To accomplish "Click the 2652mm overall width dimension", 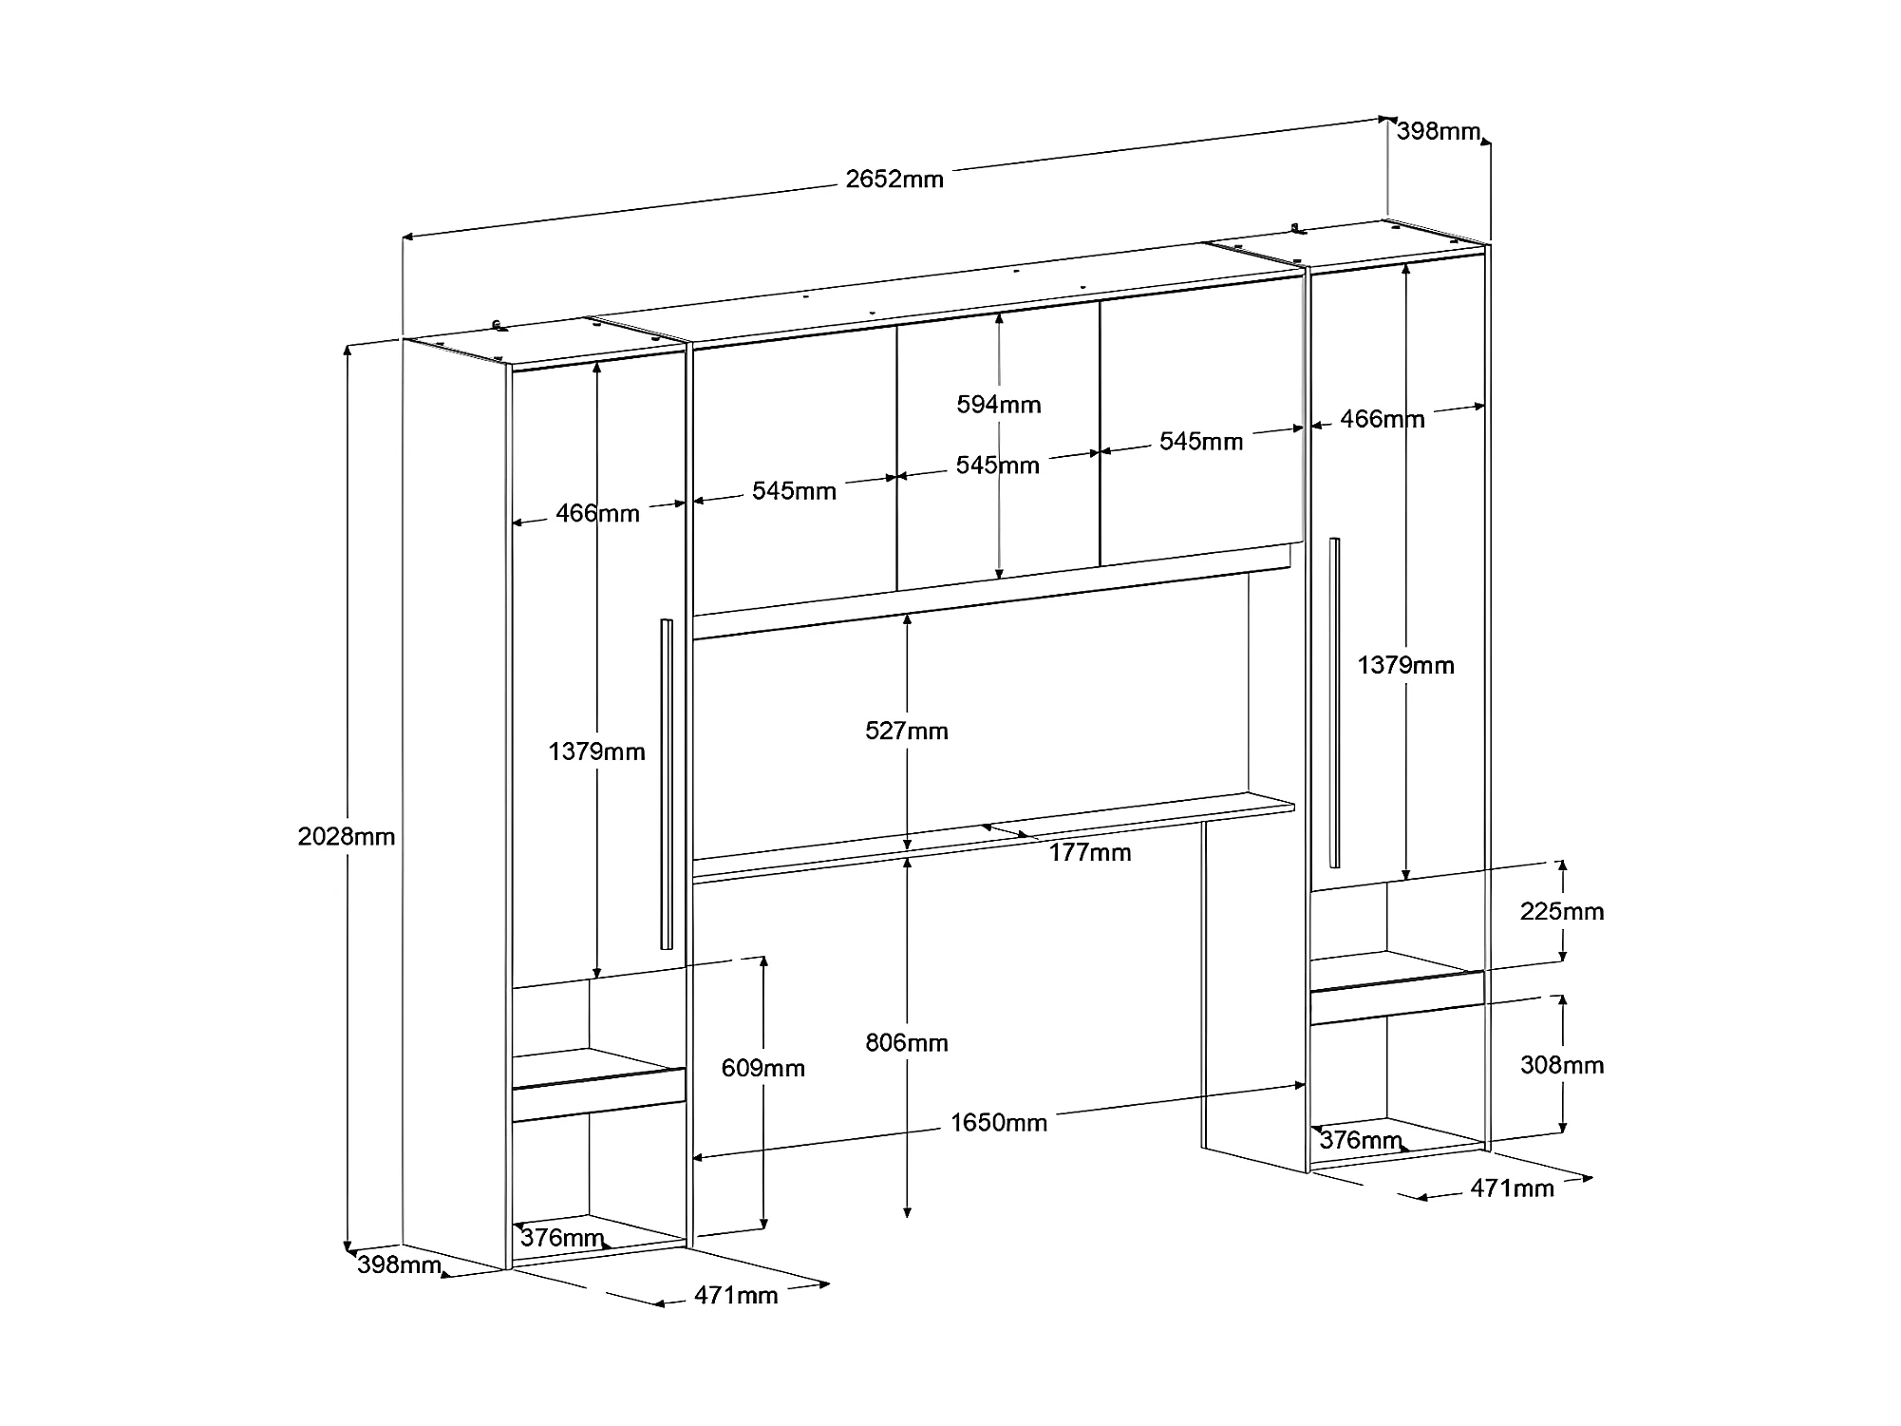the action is click(894, 179).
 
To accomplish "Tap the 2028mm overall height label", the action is click(346, 837).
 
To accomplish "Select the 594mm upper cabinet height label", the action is click(999, 405).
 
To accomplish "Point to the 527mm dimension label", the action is click(907, 731).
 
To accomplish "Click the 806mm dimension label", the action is click(907, 1043).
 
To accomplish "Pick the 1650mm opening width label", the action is click(999, 1123).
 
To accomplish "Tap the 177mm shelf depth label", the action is click(1090, 853).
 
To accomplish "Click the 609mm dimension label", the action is click(762, 1068).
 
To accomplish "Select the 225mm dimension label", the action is click(1562, 911).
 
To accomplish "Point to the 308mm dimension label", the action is click(1562, 1065).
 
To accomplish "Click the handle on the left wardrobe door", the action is click(667, 784).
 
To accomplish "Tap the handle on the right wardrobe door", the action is click(1335, 702).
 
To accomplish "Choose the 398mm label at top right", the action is click(1439, 131).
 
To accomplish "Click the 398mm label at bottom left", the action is click(399, 1264).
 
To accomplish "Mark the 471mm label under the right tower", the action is click(1513, 1188).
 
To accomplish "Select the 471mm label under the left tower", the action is click(736, 1295).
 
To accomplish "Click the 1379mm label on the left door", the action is click(596, 751).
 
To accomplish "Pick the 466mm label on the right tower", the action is click(1383, 419).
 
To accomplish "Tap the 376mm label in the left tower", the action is click(562, 1238).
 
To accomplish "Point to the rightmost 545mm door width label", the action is click(1201, 442).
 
